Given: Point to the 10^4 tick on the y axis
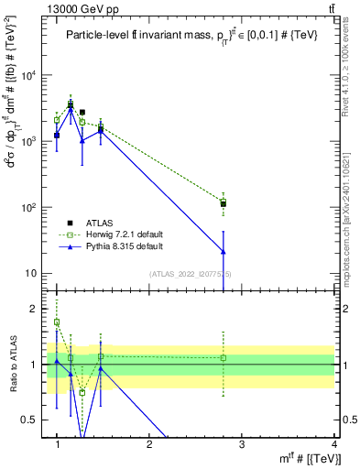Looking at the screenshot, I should (x=29, y=76).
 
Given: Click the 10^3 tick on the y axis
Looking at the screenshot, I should (x=29, y=142).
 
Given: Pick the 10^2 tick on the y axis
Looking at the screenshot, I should (x=29, y=208).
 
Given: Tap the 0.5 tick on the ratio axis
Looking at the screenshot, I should (x=31, y=420).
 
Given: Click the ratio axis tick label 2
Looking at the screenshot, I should (x=35, y=309).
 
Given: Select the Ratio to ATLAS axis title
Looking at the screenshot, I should (x=12, y=364).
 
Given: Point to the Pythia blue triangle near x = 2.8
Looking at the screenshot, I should (x=224, y=251).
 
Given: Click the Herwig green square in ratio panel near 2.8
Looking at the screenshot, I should (x=224, y=357).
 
